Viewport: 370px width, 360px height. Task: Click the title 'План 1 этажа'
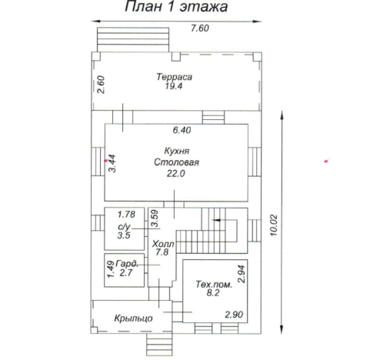[176, 7]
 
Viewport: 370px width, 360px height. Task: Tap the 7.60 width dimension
[200, 28]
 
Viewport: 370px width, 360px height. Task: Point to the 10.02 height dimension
[274, 225]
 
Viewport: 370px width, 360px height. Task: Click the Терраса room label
[175, 77]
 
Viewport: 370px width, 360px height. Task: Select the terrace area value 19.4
[174, 86]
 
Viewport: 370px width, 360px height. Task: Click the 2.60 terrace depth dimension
[102, 85]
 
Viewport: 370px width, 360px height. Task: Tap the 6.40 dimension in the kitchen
[182, 130]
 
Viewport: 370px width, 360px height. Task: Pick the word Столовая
[176, 162]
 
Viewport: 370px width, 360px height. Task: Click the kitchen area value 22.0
[176, 174]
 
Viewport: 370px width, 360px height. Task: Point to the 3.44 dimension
[112, 163]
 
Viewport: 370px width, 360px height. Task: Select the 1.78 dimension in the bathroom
[126, 215]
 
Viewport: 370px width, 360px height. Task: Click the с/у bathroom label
[124, 227]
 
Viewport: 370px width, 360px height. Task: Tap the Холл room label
[163, 244]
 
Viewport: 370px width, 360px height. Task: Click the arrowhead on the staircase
[215, 220]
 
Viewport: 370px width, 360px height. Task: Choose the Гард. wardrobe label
[128, 264]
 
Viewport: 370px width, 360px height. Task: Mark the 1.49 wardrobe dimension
[111, 269]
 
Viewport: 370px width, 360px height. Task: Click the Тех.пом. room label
[214, 285]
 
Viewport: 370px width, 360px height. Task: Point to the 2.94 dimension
[242, 274]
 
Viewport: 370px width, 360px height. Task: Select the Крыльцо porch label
[133, 318]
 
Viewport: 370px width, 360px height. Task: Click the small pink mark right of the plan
[326, 162]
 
